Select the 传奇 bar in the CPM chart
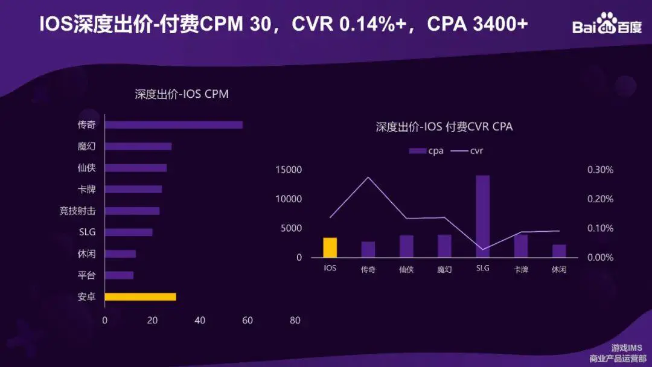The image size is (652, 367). coord(173,125)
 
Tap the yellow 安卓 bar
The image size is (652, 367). coord(140,297)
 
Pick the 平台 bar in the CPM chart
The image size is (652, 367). coord(119,275)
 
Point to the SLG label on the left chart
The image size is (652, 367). coord(87,232)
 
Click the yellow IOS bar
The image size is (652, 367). coord(330,247)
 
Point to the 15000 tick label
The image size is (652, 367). coord(288,170)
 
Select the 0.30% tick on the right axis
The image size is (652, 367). coord(600,170)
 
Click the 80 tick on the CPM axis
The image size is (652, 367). coord(295,321)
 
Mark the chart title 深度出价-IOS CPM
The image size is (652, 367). coord(182,94)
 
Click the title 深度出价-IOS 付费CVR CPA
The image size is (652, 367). coord(444,127)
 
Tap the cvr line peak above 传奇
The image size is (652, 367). coord(368,177)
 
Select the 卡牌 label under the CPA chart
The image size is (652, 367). coord(520,270)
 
